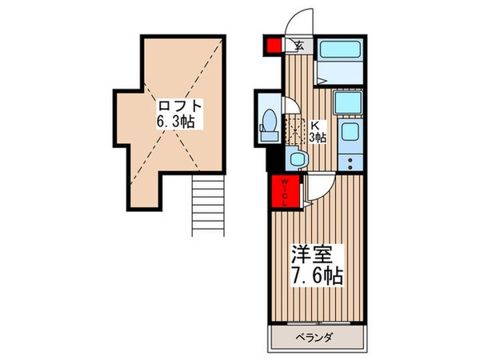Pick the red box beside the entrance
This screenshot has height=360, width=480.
[272, 45]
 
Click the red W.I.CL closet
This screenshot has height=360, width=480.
[284, 192]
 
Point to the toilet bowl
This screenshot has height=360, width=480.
[270, 123]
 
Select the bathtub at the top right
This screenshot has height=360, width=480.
[340, 50]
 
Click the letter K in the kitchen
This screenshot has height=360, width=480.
[314, 125]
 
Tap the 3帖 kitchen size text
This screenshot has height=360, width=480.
[318, 137]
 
